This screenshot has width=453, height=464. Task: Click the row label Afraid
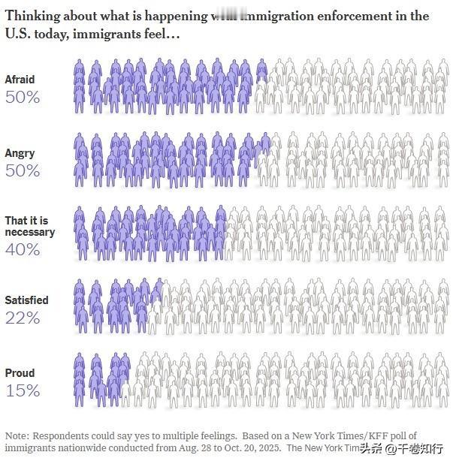pos(20,80)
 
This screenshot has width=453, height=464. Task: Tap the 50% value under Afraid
pos(23,97)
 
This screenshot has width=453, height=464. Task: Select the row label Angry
pos(20,153)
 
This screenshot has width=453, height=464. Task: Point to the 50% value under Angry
pos(23,170)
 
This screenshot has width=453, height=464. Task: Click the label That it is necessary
pos(29,227)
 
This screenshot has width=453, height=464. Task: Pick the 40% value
pos(23,249)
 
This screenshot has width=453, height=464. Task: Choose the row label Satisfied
pos(26,300)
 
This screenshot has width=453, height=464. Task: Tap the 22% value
pos(23,318)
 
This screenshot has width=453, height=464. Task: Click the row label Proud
pos(20,373)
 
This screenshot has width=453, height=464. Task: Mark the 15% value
pos(23,390)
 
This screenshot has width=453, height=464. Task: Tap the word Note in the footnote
pos(16,436)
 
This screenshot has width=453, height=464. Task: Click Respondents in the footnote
pos(59,436)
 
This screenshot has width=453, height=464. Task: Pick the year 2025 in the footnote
pos(269,448)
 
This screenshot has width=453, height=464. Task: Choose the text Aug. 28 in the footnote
pos(198,448)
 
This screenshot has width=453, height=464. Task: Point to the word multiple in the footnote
pos(179,436)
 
